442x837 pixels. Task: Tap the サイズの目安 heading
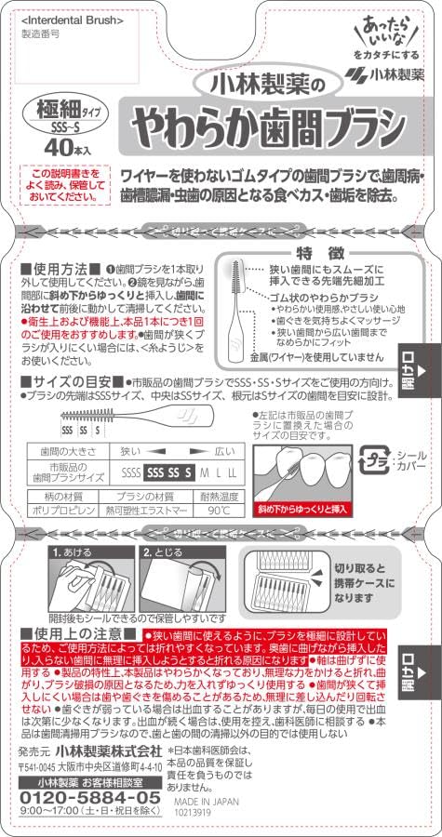[66, 381]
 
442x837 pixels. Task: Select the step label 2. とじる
[162, 551]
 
